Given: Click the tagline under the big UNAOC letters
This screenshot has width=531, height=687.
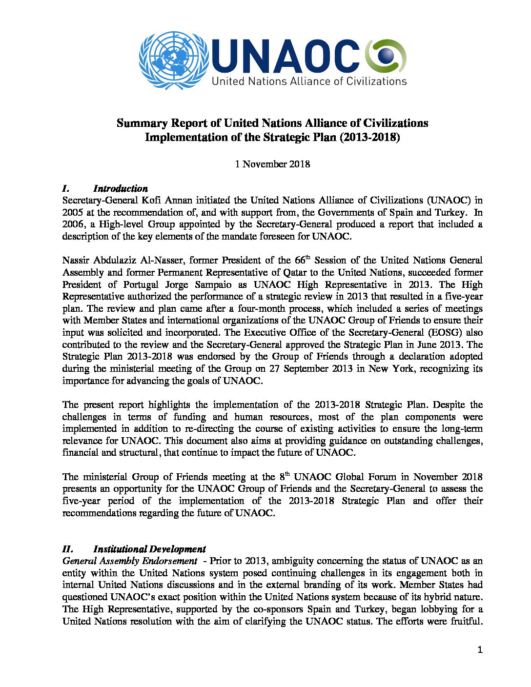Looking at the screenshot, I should pos(308,81).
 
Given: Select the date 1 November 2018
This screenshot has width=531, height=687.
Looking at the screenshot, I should pos(272,164).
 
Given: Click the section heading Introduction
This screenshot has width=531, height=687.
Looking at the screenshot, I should pos(120,188).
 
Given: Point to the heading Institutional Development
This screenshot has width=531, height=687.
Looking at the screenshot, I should pos(149,549).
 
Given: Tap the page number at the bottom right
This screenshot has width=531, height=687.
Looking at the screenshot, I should pos(480,649).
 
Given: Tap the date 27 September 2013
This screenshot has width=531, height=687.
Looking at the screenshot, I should pos(306,368).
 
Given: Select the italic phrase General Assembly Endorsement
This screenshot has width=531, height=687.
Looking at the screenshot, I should pos(129,561).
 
